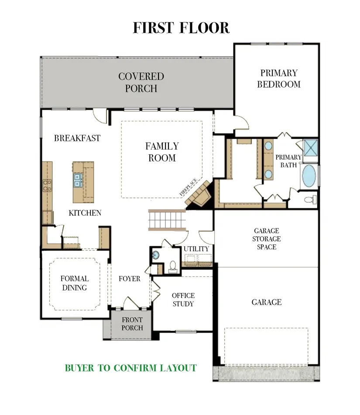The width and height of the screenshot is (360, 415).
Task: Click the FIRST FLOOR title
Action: point(181,28)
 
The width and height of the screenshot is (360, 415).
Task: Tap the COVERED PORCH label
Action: point(141,82)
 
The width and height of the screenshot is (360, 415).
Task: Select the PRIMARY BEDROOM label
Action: point(279,78)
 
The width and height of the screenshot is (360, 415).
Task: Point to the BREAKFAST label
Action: point(77,138)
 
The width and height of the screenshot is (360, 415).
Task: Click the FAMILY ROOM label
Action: point(162,152)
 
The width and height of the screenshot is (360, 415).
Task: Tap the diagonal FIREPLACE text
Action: point(189,187)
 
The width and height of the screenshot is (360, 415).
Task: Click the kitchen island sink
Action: point(78,180)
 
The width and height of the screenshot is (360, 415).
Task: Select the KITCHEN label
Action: point(85,213)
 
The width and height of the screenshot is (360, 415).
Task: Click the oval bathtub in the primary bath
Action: point(309,176)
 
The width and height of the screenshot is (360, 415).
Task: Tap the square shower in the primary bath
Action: point(310,148)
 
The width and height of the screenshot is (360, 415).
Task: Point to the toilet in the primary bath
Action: point(310,199)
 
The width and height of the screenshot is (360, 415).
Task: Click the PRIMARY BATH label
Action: point(288,161)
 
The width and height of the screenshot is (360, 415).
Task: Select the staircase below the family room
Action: point(167,220)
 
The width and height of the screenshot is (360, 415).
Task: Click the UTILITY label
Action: point(196,249)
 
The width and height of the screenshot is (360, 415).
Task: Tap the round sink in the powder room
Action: point(155,255)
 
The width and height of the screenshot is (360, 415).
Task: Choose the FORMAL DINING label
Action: point(75,283)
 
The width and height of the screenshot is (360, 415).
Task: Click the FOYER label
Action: point(130,279)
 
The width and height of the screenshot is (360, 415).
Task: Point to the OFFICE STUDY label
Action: point(183,299)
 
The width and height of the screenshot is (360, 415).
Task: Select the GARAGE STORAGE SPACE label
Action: point(267,239)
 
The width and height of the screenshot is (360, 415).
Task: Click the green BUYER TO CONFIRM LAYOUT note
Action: point(131,368)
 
